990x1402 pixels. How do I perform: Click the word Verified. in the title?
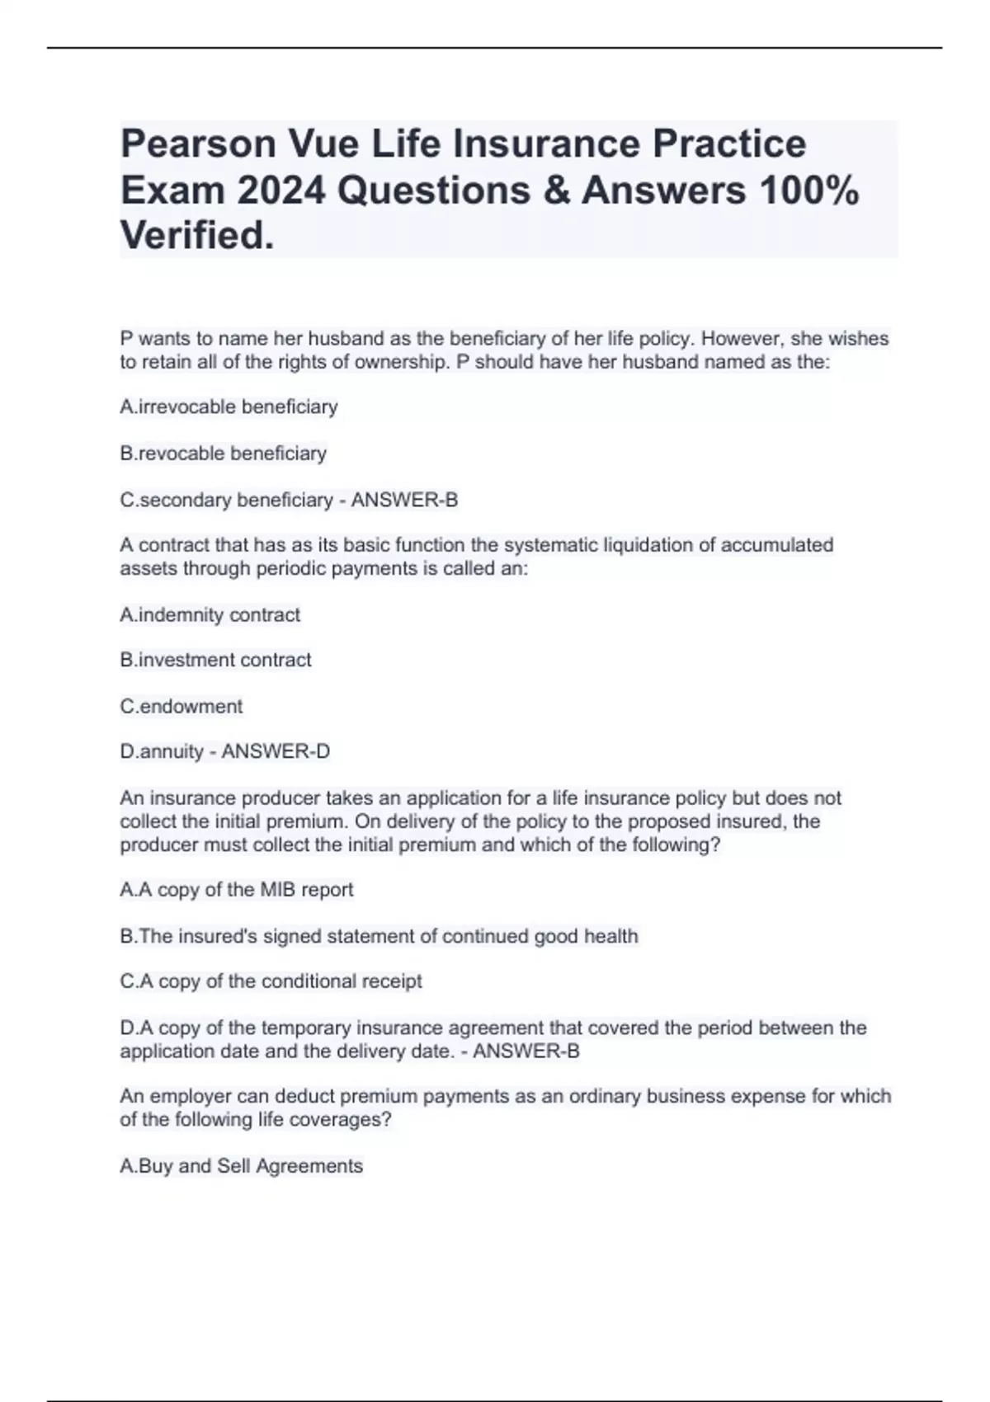tap(197, 236)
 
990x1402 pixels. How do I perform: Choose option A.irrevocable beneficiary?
tap(229, 407)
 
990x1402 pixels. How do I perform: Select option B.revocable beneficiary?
tap(224, 453)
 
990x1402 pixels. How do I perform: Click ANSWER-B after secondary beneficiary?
tap(404, 500)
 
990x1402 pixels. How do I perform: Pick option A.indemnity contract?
tap(210, 614)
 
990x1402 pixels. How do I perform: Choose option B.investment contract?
tap(215, 660)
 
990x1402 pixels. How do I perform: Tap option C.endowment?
tap(181, 706)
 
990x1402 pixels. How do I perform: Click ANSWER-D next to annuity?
tap(276, 751)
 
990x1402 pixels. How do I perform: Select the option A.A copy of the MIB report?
tap(237, 890)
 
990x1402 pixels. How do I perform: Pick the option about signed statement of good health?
tap(379, 936)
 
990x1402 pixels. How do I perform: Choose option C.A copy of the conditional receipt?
tap(271, 981)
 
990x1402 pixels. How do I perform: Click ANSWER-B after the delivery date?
tap(526, 1051)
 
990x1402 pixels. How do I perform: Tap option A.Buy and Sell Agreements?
tap(241, 1166)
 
